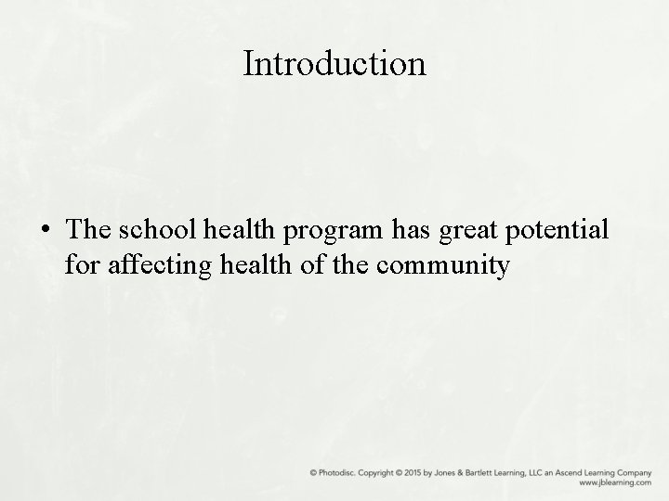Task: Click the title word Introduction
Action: pyautogui.click(x=334, y=64)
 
